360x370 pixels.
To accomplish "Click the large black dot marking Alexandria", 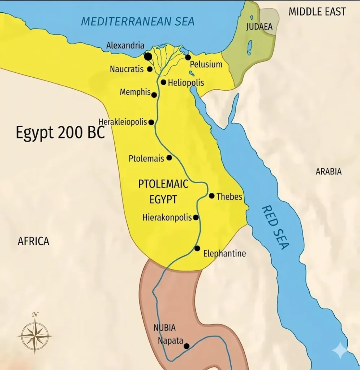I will (x=148, y=56).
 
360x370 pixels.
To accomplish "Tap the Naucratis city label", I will (x=127, y=69).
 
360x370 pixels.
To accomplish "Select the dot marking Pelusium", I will (x=188, y=57).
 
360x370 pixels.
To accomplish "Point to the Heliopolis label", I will (x=186, y=83).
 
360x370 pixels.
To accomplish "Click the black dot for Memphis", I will (x=154, y=95).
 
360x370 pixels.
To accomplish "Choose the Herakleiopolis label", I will (x=123, y=122).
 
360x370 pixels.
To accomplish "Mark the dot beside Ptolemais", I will (x=169, y=158).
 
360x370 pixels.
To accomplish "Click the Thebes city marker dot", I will (x=212, y=196).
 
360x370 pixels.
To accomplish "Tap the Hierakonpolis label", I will (x=167, y=218).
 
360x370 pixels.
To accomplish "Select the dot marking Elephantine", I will (x=197, y=248).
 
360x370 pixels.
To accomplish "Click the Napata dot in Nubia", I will (x=187, y=346).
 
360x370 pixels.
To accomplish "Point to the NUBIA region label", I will (x=164, y=328).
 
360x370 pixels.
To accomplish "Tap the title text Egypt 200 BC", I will (x=60, y=133).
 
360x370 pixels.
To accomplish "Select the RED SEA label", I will (x=275, y=227).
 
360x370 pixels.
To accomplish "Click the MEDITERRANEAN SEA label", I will (x=138, y=21).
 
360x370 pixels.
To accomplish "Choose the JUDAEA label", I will (x=259, y=27).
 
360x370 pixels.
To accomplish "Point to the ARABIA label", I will (x=329, y=172).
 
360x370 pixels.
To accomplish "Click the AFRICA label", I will (x=33, y=241).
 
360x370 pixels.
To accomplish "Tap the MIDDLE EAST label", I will (x=317, y=12).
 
